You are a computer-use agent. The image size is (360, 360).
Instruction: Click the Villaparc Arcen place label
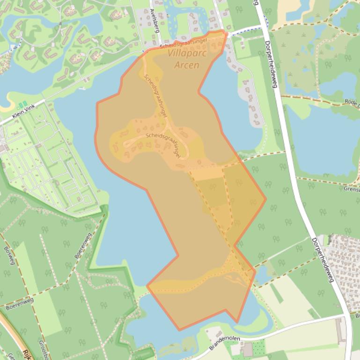pos(187,59)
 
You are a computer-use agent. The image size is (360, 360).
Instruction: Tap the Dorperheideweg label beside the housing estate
pos(323,260)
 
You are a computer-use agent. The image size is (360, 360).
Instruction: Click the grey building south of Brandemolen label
pos(247,349)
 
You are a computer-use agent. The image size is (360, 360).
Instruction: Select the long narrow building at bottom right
pos(339,331)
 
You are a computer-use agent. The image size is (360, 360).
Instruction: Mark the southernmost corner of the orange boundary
pos(178,330)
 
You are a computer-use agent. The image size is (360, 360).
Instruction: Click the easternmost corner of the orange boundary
pos(266,199)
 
